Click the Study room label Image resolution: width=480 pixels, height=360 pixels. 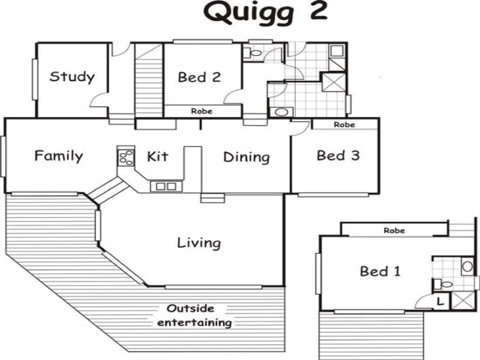click(x=72, y=77)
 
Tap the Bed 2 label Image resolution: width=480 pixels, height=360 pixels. click(x=199, y=77)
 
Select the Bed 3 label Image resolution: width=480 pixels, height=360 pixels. click(x=338, y=155)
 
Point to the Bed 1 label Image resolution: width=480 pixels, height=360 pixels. click(x=379, y=271)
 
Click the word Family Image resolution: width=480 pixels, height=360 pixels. click(x=58, y=157)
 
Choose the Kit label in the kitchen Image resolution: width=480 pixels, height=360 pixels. click(x=157, y=157)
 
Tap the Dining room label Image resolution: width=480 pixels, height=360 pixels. click(x=246, y=157)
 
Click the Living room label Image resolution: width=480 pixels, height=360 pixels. click(x=199, y=243)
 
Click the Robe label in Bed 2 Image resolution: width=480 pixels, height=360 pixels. click(x=202, y=111)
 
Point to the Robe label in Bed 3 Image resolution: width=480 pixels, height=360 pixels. click(x=344, y=125)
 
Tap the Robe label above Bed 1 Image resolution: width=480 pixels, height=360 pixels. click(x=394, y=230)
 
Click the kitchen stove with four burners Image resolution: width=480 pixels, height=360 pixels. click(x=126, y=157)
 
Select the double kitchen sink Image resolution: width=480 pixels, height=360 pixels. click(x=166, y=186)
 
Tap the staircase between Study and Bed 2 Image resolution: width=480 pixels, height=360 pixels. click(x=149, y=82)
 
